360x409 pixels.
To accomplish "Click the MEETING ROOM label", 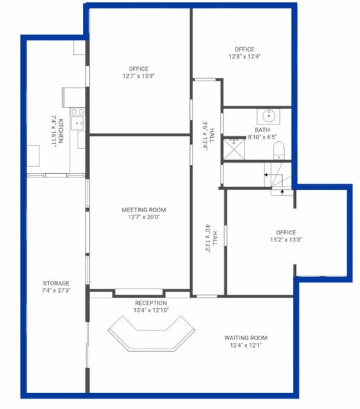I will (x=144, y=209).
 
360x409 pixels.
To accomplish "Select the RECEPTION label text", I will (x=151, y=303).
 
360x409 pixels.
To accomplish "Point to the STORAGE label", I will (x=56, y=283).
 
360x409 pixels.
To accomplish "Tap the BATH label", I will (x=262, y=130).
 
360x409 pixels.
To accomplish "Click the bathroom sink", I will (x=267, y=115).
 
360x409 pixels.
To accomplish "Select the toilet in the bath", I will (x=278, y=150).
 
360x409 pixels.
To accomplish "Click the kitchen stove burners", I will (x=77, y=110).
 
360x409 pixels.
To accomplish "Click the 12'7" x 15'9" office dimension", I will (x=139, y=77).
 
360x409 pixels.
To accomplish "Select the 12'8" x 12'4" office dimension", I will (x=244, y=57).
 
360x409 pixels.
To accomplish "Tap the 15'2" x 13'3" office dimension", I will (x=285, y=240).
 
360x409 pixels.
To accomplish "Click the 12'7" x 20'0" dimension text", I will (x=144, y=217).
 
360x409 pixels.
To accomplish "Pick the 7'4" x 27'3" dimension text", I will (x=56, y=291).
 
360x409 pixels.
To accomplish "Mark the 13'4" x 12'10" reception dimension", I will (x=151, y=310).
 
